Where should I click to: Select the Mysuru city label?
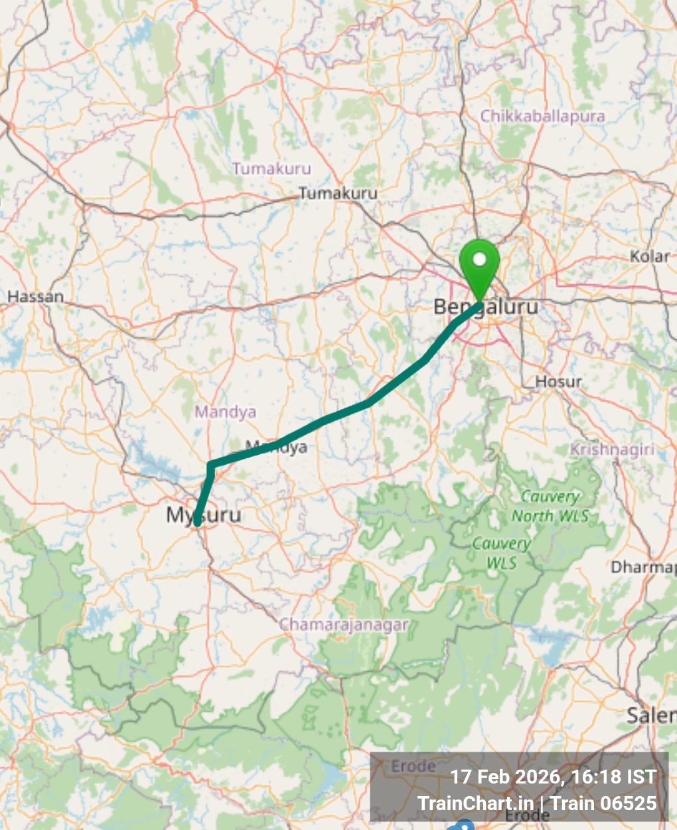[x=203, y=515]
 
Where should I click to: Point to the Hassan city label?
[x=36, y=297]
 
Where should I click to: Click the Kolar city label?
[x=649, y=256]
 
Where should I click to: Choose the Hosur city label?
[x=558, y=382]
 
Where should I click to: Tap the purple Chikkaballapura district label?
[x=542, y=116]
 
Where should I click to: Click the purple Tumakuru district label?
[x=271, y=169]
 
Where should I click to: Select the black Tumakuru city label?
[x=338, y=193]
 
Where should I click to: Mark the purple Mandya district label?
[x=225, y=412]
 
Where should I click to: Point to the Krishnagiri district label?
[x=611, y=450]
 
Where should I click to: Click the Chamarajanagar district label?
[x=344, y=625]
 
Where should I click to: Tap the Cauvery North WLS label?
[x=550, y=506]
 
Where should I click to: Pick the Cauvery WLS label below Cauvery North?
[x=501, y=553]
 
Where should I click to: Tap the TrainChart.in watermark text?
[x=475, y=803]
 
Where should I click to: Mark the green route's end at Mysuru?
[x=197, y=525]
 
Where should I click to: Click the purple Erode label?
[x=413, y=766]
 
